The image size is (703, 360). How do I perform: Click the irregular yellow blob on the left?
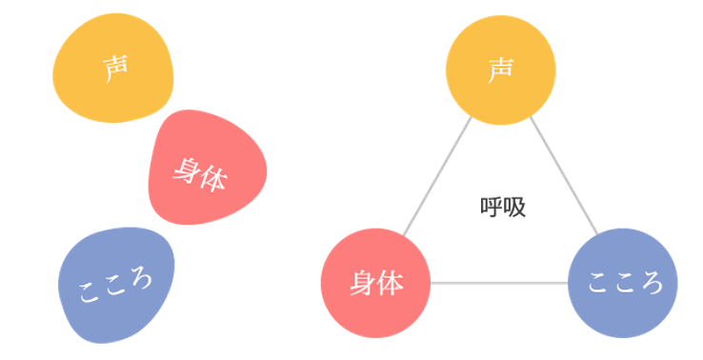click(x=113, y=69)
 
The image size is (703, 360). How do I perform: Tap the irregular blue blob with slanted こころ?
click(x=116, y=285)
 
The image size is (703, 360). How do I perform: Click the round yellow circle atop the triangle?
click(x=501, y=70)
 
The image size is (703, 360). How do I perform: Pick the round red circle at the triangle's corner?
click(x=375, y=283)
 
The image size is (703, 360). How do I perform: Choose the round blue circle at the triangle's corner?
click(x=623, y=283)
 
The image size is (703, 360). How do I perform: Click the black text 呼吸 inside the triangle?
click(x=503, y=207)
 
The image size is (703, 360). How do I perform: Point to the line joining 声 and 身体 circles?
click(x=437, y=176)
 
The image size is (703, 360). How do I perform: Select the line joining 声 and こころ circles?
click(x=564, y=176)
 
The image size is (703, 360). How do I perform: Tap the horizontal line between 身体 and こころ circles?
click(x=499, y=283)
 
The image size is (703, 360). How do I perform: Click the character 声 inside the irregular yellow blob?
click(x=116, y=69)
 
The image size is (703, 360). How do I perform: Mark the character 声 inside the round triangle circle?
click(x=500, y=70)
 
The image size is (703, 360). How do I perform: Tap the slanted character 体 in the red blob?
click(x=213, y=178)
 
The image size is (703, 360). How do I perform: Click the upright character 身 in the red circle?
click(x=363, y=284)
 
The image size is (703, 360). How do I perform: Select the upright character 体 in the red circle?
click(x=390, y=284)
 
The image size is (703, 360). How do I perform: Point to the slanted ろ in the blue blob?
click(x=140, y=278)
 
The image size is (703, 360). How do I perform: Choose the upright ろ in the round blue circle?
click(x=650, y=283)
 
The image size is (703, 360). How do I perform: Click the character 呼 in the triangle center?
click(x=492, y=207)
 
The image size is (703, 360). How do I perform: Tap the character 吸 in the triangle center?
click(x=514, y=207)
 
